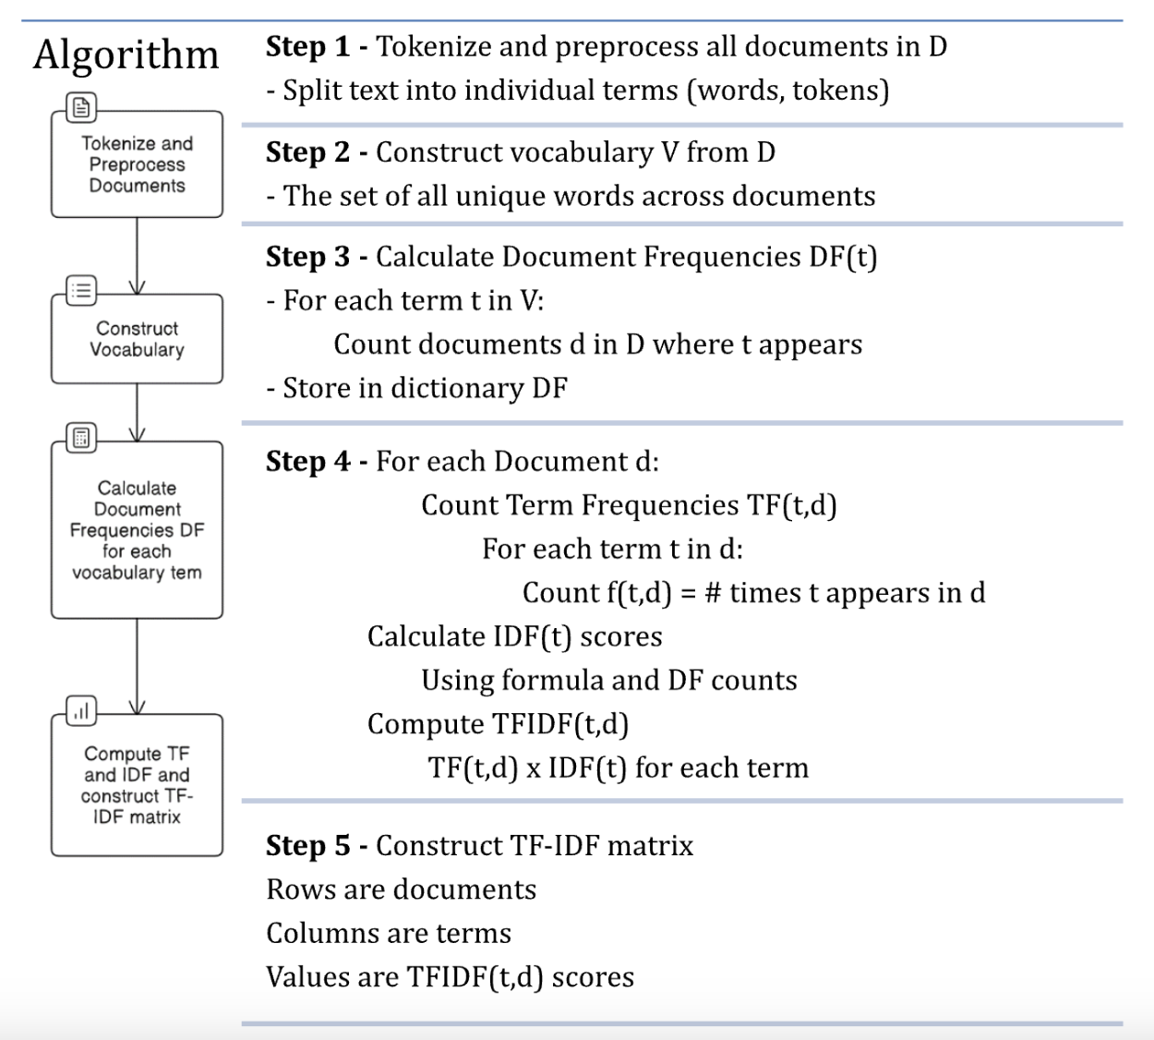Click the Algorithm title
click(x=126, y=55)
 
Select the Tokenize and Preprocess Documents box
click(x=137, y=165)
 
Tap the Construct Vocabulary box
click(x=137, y=339)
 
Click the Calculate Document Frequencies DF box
click(x=137, y=530)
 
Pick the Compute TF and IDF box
click(x=137, y=785)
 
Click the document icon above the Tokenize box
click(x=81, y=108)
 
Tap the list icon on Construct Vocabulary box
click(x=81, y=291)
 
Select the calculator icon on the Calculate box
click(x=81, y=438)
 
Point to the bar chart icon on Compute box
click(x=81, y=711)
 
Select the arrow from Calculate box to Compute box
click(x=137, y=665)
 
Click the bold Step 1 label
click(x=307, y=46)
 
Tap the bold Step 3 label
click(x=307, y=257)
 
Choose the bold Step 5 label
click(x=307, y=845)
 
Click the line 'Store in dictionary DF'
click(x=417, y=388)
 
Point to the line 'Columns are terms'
click(x=389, y=933)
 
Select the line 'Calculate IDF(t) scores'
click(x=514, y=636)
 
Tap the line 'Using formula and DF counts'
click(x=608, y=681)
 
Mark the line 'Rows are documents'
click(x=401, y=889)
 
